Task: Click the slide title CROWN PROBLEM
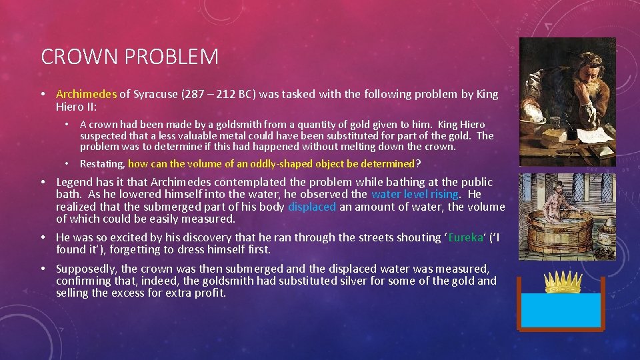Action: point(129,57)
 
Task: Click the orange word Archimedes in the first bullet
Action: point(86,94)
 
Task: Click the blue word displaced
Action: point(312,207)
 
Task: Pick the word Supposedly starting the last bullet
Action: point(87,269)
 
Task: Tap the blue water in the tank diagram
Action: point(561,310)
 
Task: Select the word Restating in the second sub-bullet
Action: point(102,163)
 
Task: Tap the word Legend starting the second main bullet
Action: point(75,182)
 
